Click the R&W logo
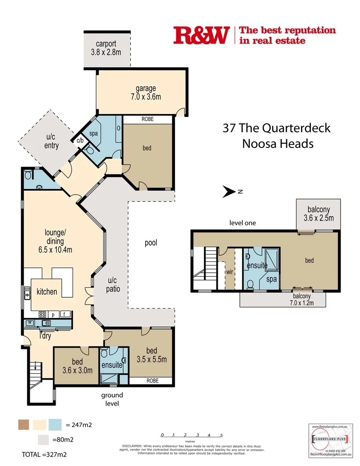click(200, 35)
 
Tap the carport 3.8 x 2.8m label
click(106, 48)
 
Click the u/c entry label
click(51, 142)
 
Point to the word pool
click(151, 243)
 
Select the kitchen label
click(47, 292)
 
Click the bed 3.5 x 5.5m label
click(151, 355)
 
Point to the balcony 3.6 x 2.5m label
click(318, 214)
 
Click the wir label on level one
click(229, 273)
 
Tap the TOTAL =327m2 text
click(44, 454)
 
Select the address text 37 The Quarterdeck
click(276, 128)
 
